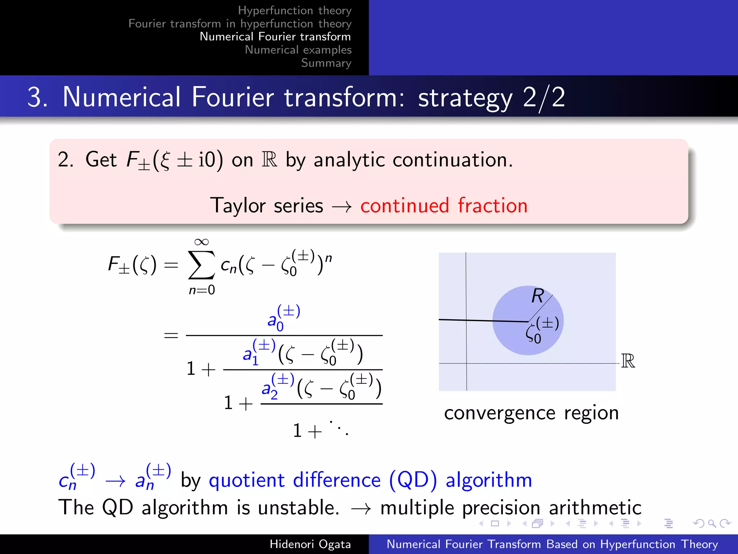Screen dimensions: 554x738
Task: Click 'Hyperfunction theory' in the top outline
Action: point(294,10)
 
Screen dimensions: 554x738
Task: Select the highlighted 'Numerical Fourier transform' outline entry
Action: point(275,36)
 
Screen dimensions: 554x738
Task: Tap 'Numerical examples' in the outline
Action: point(298,50)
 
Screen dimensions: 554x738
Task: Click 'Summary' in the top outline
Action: point(326,63)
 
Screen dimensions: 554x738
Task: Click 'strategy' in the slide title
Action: point(465,98)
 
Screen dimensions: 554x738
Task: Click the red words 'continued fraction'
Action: point(444,206)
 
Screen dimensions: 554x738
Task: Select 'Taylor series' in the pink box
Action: point(266,206)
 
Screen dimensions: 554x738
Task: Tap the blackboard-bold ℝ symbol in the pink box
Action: point(269,159)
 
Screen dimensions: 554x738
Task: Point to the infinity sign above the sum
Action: point(201,242)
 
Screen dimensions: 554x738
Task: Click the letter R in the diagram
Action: point(538,296)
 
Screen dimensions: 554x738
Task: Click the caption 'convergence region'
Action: point(531,413)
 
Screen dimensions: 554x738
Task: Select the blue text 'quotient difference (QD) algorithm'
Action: point(370,480)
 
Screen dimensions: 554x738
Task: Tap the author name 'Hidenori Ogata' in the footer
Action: point(310,544)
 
